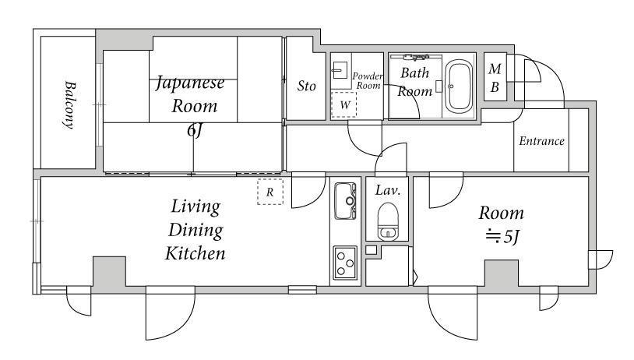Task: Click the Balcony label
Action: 69,105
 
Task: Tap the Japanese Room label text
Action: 190,94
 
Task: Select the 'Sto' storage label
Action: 306,86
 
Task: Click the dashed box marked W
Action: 343,104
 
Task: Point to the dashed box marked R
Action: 270,192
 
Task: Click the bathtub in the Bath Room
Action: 459,86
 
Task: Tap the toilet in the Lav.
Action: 388,221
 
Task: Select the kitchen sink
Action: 345,200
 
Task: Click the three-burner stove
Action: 345,263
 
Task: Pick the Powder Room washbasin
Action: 340,70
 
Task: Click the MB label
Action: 495,78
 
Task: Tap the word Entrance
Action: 541,141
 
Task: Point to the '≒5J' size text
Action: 502,236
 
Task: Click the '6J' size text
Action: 194,130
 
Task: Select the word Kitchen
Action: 195,253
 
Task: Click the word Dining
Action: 195,231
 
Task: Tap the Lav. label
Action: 387,190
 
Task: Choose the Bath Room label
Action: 414,82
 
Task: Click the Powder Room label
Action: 367,80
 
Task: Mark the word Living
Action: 195,207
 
